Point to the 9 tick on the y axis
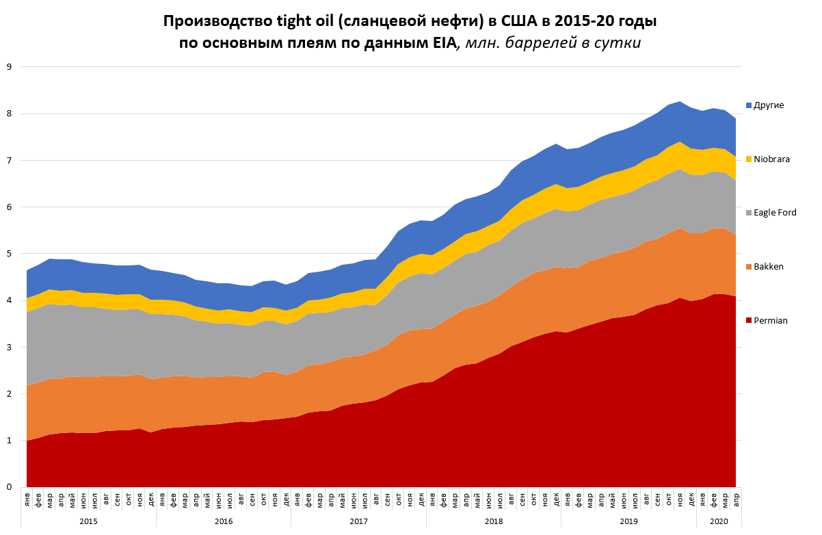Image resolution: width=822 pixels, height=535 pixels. coord(10,67)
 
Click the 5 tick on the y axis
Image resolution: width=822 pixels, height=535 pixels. coord(10,254)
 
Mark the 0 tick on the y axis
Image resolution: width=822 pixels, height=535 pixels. coord(10,487)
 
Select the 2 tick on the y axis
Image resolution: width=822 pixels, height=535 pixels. coord(10,394)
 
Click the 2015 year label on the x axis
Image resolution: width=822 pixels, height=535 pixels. coord(88,521)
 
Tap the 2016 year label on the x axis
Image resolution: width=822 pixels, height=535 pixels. coord(224,521)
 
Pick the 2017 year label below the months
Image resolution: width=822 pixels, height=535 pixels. coord(358,521)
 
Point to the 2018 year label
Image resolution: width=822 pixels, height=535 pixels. coord(494,521)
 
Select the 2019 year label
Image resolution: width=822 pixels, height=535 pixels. coord(628,521)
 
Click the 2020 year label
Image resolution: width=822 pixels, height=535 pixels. coord(719,521)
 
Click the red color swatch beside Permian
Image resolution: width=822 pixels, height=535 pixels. coord(750,321)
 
